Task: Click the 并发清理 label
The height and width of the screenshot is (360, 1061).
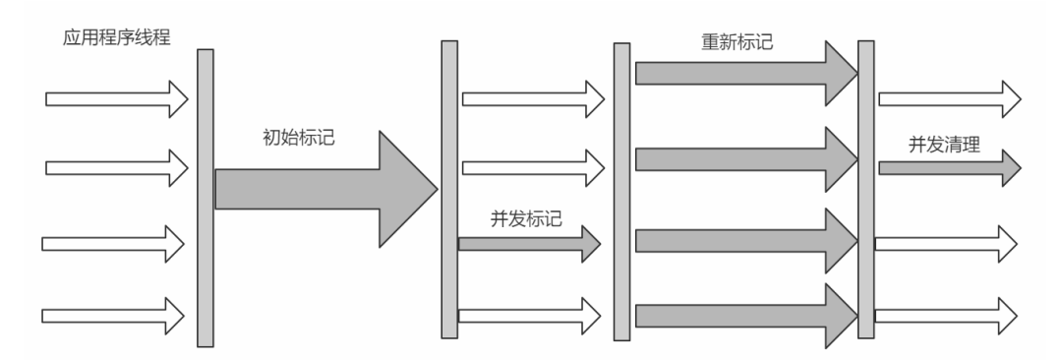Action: pos(944,144)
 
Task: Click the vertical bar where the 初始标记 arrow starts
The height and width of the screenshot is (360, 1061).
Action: pos(205,197)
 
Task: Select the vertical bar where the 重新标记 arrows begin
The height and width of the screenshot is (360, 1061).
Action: pos(621,192)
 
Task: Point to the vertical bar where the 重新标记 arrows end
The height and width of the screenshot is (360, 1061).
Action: pos(865,189)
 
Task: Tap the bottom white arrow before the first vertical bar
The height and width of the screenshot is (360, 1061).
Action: pos(113,316)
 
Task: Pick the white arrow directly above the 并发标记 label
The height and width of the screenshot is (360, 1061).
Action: pos(532,163)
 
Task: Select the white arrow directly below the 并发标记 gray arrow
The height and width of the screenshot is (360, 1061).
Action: pos(532,315)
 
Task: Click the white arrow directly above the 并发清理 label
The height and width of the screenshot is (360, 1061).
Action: pos(949,98)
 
